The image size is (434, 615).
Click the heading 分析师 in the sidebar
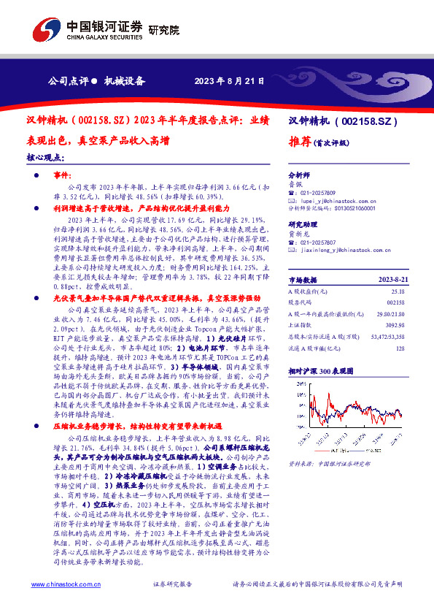[299, 175]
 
